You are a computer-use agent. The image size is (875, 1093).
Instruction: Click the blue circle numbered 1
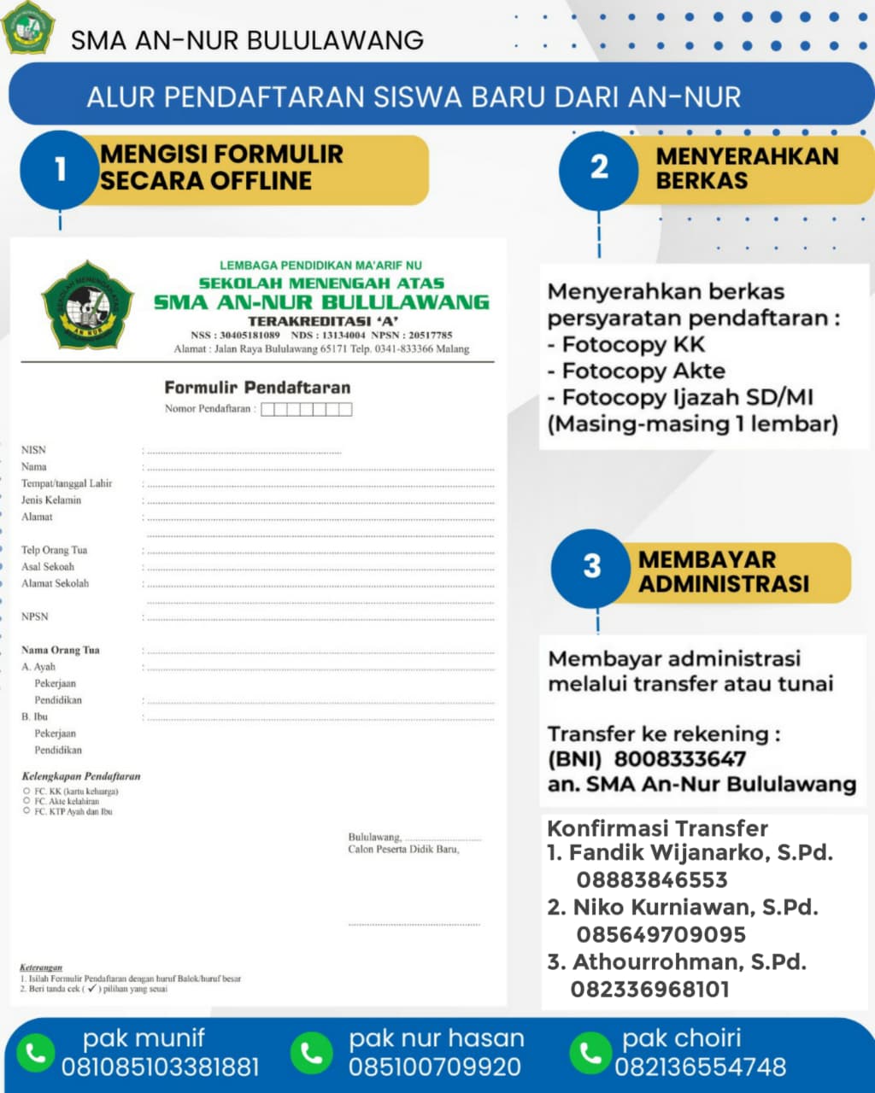pyautogui.click(x=60, y=169)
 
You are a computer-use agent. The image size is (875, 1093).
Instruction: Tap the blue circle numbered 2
pyautogui.click(x=599, y=167)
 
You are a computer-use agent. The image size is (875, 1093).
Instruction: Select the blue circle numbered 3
pyautogui.click(x=592, y=566)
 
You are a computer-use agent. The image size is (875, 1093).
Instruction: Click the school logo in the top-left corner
pyautogui.click(x=28, y=27)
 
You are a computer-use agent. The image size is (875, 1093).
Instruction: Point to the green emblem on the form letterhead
pyautogui.click(x=87, y=306)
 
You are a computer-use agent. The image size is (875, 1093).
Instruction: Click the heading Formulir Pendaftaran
pyautogui.click(x=257, y=388)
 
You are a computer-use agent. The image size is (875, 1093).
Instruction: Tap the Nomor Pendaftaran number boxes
pyautogui.click(x=306, y=409)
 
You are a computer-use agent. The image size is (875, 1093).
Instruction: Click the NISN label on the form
pyautogui.click(x=34, y=450)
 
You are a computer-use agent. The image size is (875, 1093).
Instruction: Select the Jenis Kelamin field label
pyautogui.click(x=51, y=500)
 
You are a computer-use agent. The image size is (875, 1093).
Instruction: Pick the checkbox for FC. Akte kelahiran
pyautogui.click(x=27, y=802)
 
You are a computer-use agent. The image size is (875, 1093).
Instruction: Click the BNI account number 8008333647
pyautogui.click(x=680, y=759)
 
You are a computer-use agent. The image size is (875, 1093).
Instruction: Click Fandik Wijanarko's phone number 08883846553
pyautogui.click(x=652, y=880)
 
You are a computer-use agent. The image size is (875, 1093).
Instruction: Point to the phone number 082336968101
pyautogui.click(x=650, y=990)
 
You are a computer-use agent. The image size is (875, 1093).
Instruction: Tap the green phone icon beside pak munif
pyautogui.click(x=36, y=1053)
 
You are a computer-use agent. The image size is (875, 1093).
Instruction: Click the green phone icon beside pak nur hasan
pyautogui.click(x=311, y=1053)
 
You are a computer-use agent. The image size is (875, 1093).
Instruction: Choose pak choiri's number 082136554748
pyautogui.click(x=701, y=1067)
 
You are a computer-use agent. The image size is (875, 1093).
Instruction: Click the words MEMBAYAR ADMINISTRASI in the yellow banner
pyautogui.click(x=723, y=571)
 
